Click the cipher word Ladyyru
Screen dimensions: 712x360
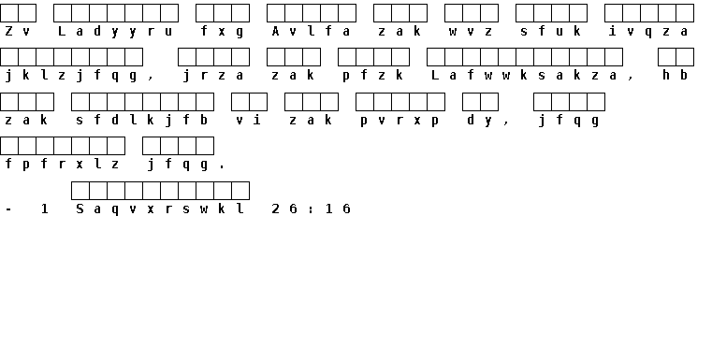click(115, 31)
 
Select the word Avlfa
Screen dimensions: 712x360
click(311, 31)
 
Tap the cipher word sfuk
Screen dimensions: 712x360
click(550, 31)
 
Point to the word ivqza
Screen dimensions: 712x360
click(648, 31)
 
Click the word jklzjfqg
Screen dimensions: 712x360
click(71, 76)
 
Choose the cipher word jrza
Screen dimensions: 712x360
click(213, 76)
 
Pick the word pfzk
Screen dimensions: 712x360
click(372, 76)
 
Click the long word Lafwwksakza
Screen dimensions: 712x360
click(524, 76)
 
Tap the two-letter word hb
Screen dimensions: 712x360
click(675, 76)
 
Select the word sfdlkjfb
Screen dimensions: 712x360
click(141, 120)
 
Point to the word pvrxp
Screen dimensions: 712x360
click(400, 121)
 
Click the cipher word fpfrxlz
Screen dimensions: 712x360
click(62, 164)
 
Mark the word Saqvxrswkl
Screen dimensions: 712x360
click(160, 209)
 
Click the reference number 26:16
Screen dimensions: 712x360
click(311, 209)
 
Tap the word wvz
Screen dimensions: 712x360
click(471, 31)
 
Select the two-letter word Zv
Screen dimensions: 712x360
click(18, 31)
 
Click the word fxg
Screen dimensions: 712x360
click(222, 31)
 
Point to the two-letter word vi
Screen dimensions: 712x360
click(248, 120)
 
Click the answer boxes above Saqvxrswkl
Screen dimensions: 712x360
click(160, 191)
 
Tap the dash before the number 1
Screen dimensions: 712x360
click(8, 209)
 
